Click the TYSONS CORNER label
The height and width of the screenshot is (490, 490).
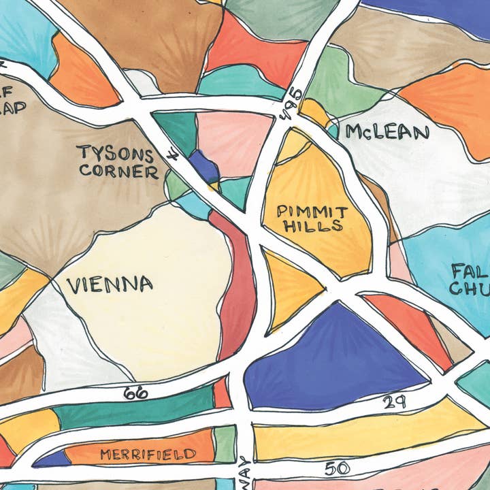(x=118, y=161)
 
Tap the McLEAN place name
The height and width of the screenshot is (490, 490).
(x=387, y=132)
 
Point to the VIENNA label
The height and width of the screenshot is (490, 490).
(x=110, y=284)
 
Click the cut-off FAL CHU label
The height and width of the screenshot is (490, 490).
(x=470, y=280)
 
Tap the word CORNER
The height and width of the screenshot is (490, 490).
(x=118, y=171)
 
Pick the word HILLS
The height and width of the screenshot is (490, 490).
(x=313, y=227)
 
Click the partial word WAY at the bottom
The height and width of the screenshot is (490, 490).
(x=244, y=473)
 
